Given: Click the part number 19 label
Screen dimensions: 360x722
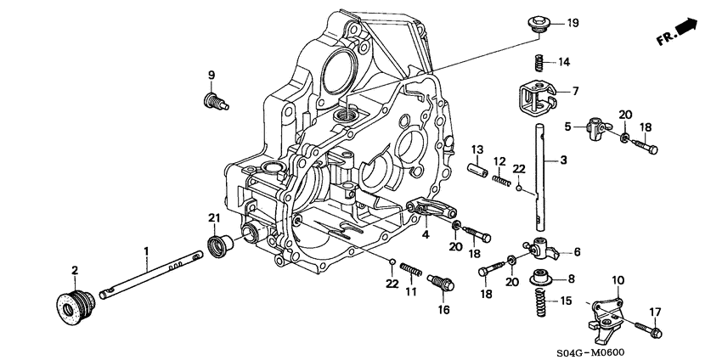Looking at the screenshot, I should click(573, 23).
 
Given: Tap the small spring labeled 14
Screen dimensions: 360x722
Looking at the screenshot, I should click(539, 62).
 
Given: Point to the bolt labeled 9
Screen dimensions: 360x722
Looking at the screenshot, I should click(213, 102).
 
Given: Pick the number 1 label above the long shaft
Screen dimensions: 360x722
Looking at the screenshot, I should click(146, 250).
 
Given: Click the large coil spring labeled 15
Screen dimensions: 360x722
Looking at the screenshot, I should click(539, 302).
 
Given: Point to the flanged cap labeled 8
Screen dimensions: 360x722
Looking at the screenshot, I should click(539, 277).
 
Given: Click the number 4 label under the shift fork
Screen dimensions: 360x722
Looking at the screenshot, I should click(425, 234).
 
